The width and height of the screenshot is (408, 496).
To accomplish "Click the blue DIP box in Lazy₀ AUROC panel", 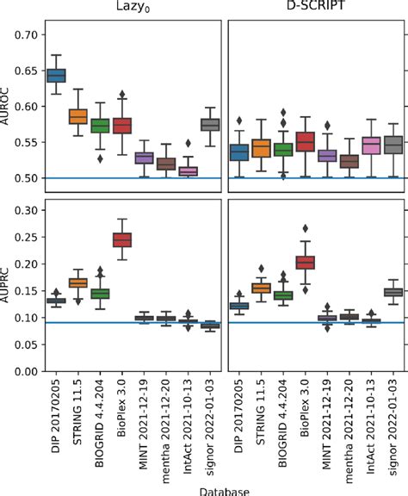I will click(56, 76).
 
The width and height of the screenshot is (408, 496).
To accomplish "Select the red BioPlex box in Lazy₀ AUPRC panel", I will click(122, 239).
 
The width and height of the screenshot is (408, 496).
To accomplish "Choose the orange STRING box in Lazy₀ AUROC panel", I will click(78, 116).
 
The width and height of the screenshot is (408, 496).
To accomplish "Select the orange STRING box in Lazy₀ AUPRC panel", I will click(78, 282).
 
